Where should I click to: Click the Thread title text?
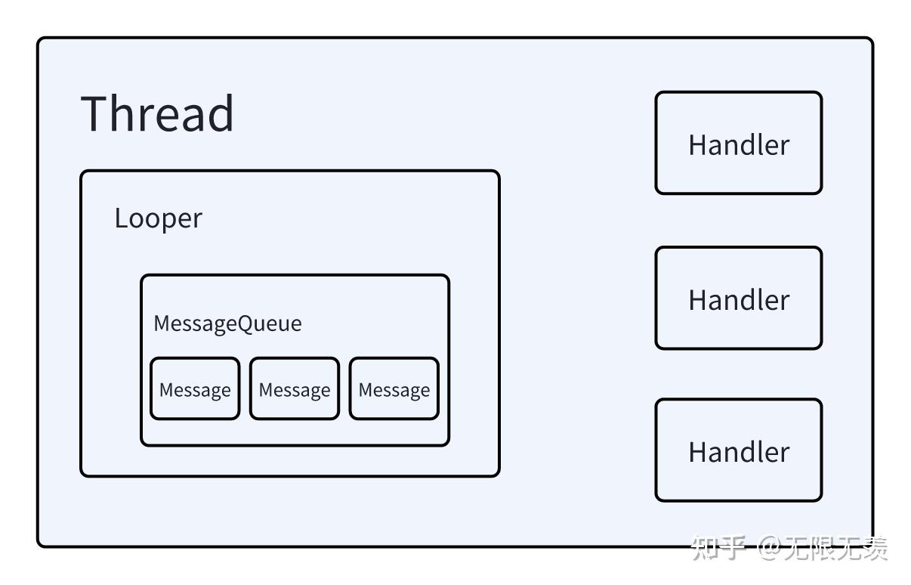157,114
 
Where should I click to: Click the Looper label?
158,218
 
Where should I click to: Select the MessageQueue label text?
227,323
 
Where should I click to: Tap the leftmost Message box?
195,389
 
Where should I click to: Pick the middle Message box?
295,389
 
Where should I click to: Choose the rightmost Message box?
394,389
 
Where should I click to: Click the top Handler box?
738,143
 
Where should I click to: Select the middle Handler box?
738,298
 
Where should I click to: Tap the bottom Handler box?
738,450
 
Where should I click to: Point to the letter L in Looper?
120,218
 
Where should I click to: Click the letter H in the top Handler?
698,144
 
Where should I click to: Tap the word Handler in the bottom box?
738,452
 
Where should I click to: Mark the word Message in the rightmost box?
394,390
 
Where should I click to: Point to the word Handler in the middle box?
738,299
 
